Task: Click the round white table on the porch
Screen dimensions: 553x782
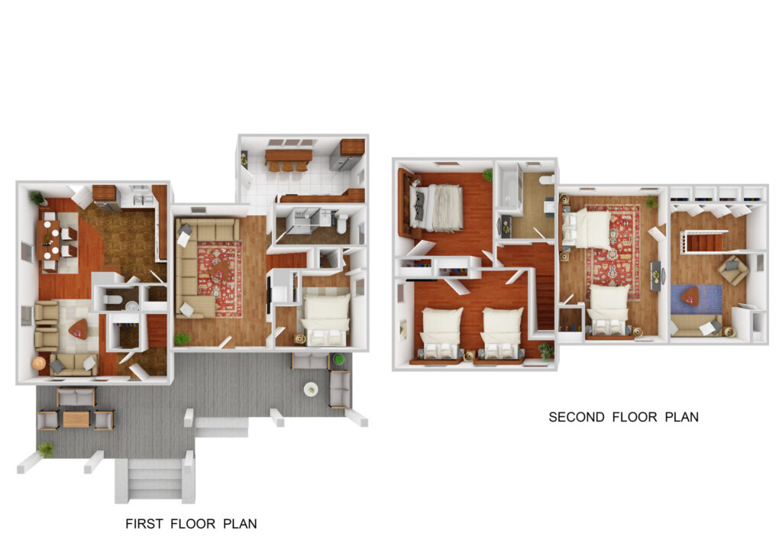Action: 311,389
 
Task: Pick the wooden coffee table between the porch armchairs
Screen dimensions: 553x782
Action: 76,419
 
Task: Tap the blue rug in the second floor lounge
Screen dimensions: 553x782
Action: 696,298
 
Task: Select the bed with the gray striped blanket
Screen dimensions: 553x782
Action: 437,207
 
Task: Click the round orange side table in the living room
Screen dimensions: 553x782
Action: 39,364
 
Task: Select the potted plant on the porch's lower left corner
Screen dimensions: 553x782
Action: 46,449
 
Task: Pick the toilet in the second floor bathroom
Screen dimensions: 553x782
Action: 545,180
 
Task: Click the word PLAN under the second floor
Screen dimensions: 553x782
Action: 681,417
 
